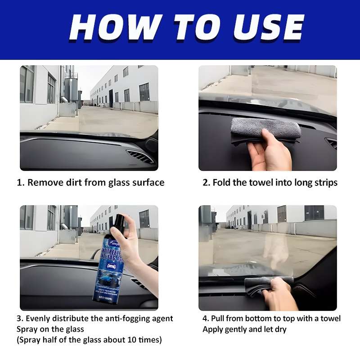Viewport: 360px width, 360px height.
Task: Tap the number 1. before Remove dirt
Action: [x=20, y=183]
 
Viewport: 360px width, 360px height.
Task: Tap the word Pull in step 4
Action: [x=220, y=319]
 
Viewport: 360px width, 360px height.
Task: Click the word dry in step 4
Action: [x=279, y=329]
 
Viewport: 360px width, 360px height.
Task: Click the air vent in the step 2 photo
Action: [x=331, y=143]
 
